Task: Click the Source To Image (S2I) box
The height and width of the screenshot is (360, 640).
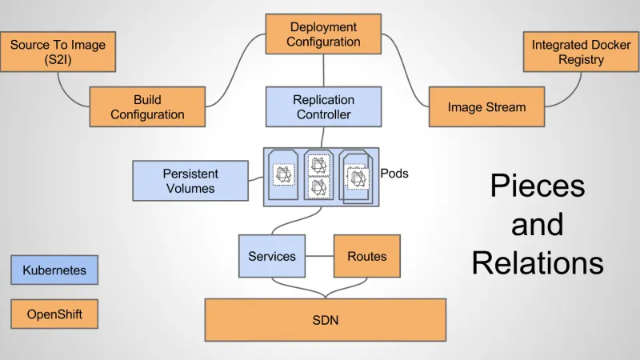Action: pyautogui.click(x=57, y=52)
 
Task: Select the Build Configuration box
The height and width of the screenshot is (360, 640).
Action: pyautogui.click(x=147, y=107)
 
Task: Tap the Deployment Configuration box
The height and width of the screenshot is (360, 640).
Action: pyautogui.click(x=323, y=34)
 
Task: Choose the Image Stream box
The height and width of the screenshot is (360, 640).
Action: pyautogui.click(x=486, y=107)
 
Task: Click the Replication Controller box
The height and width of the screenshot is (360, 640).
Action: pyautogui.click(x=323, y=107)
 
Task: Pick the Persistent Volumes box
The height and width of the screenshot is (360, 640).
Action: pyautogui.click(x=190, y=181)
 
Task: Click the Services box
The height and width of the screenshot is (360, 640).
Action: pyautogui.click(x=271, y=256)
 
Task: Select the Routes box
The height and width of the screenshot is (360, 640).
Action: pyautogui.click(x=366, y=256)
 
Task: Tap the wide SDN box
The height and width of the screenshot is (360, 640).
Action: pyautogui.click(x=325, y=320)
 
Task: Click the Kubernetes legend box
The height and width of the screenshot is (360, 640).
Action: pyautogui.click(x=54, y=270)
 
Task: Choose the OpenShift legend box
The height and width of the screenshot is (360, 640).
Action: pyautogui.click(x=54, y=314)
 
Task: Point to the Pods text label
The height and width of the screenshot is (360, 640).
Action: pyautogui.click(x=394, y=173)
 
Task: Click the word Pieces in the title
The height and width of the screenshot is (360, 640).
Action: pyautogui.click(x=537, y=186)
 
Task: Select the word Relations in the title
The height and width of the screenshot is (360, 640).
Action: pyautogui.click(x=537, y=262)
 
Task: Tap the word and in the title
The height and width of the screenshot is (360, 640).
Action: pyautogui.click(x=537, y=224)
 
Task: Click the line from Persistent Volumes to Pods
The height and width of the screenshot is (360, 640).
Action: pyautogui.click(x=255, y=179)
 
